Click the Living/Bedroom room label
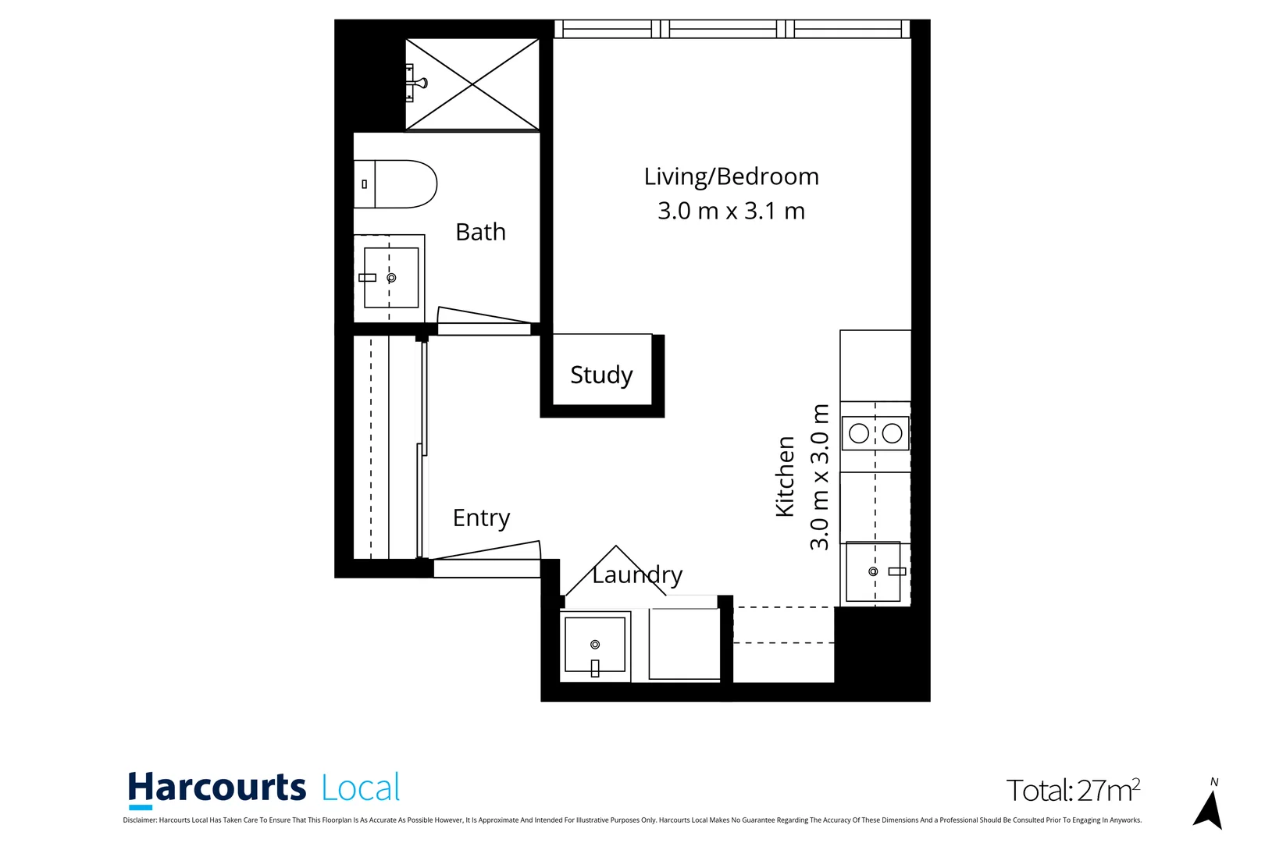[731, 177]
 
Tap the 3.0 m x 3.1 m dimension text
[731, 211]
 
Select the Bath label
[480, 232]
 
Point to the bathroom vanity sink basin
[390, 277]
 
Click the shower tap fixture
[416, 83]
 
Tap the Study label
[601, 375]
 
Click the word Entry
[481, 518]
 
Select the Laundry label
[637, 575]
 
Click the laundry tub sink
[595, 645]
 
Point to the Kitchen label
[785, 476]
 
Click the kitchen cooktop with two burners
[875, 433]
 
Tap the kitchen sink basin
[873, 571]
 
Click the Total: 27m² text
[1073, 791]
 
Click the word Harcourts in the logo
[217, 788]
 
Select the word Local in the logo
[361, 788]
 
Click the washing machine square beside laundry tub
[684, 645]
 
